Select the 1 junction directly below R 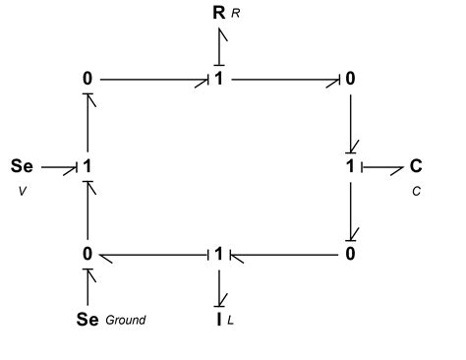(219, 78)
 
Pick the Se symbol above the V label (22, 166)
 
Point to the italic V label (22, 191)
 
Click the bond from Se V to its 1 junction (58, 167)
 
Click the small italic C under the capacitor (416, 191)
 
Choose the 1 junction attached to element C (351, 166)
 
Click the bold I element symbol (219, 317)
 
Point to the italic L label (233, 319)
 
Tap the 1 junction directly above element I (219, 255)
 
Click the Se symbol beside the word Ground (87, 318)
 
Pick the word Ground (125, 319)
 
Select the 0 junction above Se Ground (87, 255)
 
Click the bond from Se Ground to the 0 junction (87, 287)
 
